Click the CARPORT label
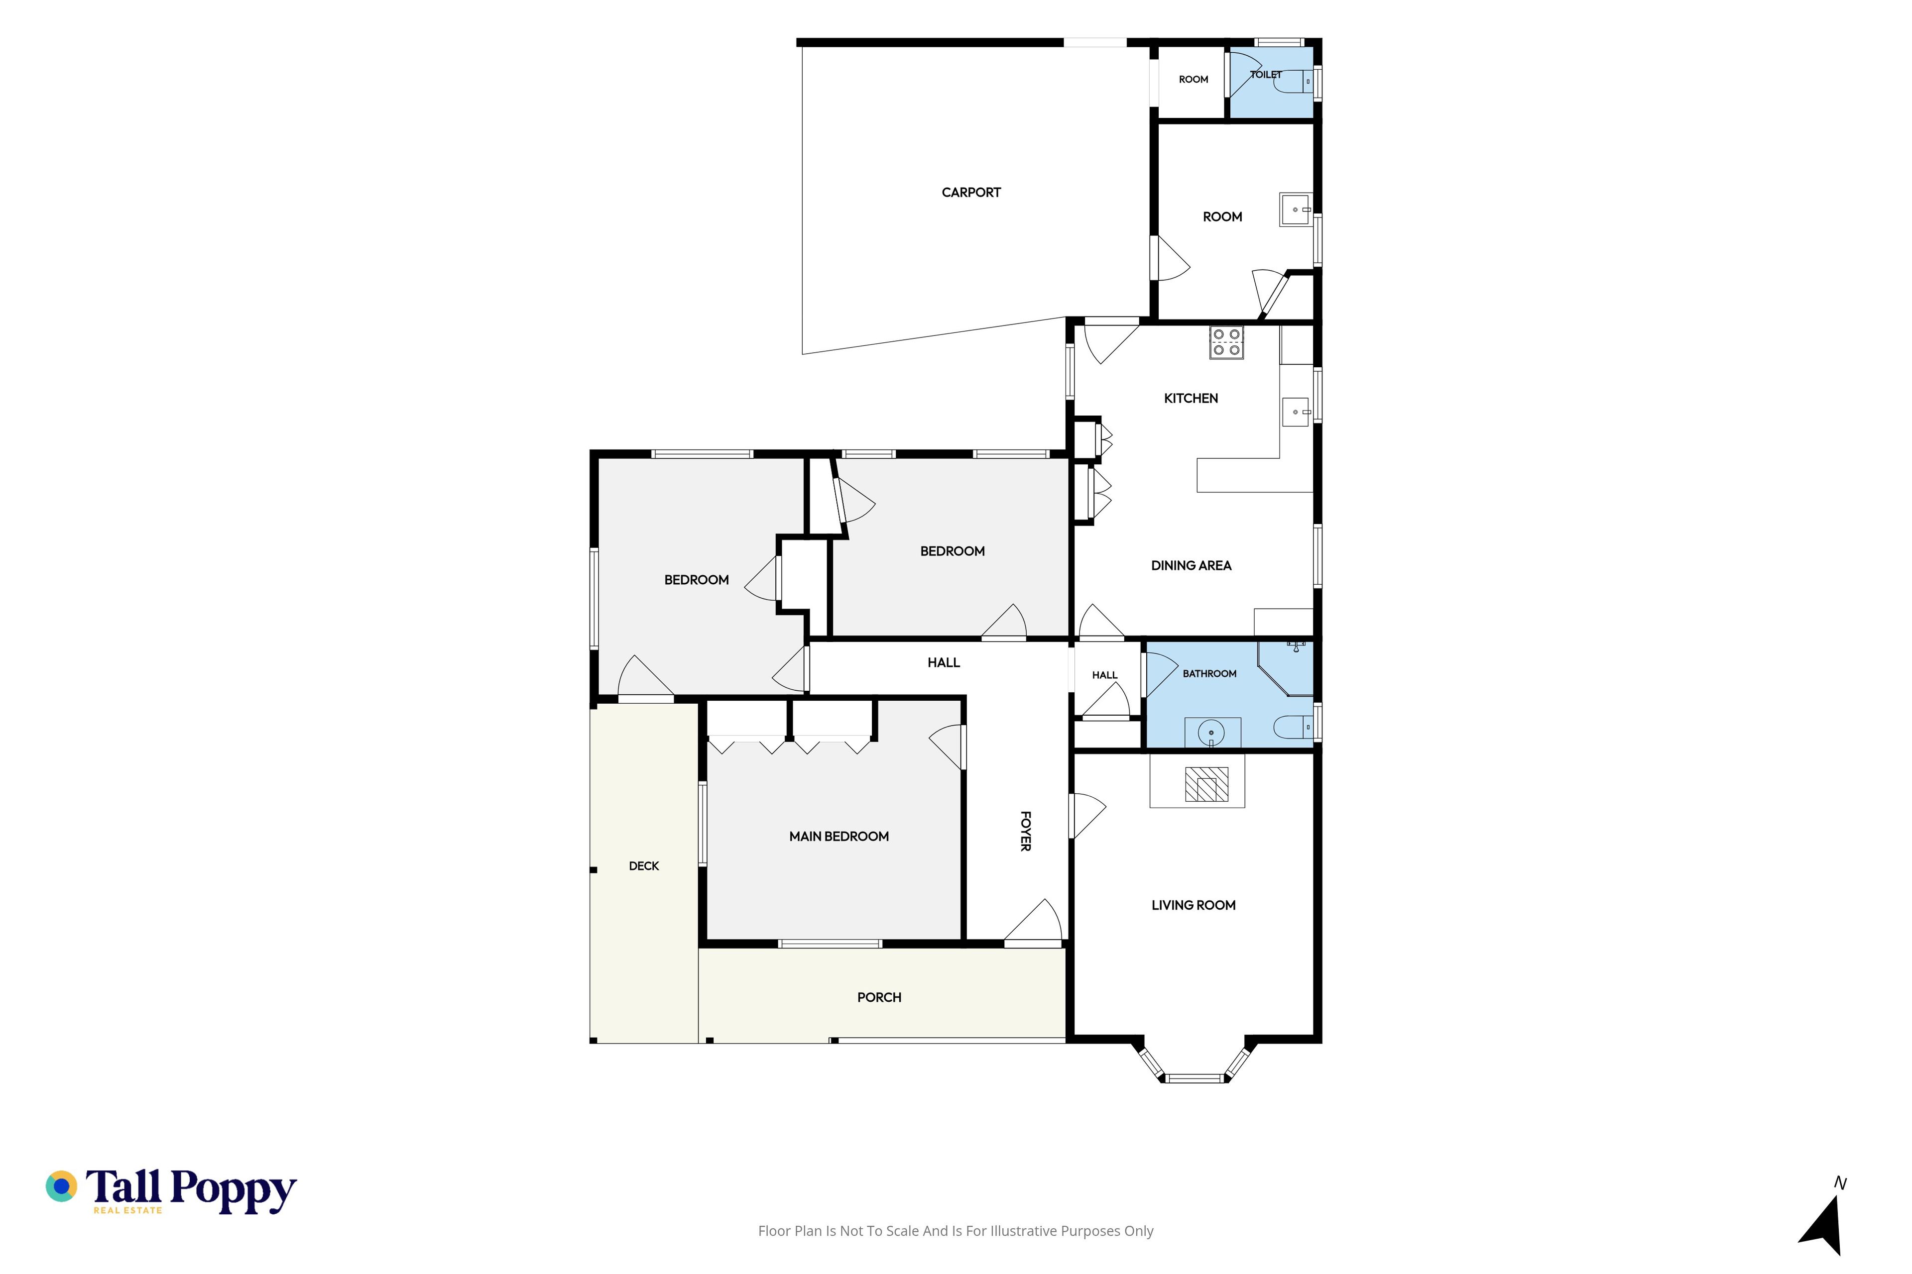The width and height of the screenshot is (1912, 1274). click(970, 193)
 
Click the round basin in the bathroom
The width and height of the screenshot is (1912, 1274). click(1211, 733)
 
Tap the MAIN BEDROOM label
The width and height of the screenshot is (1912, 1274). click(839, 836)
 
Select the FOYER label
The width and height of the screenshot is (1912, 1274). click(1026, 831)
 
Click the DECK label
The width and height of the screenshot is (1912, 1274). click(644, 866)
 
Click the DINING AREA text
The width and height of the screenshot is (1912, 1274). click(1191, 565)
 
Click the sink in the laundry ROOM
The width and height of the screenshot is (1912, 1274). click(1296, 210)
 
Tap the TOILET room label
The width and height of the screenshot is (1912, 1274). click(1266, 75)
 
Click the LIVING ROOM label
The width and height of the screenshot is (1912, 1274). click(1194, 905)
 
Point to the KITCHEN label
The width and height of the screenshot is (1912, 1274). click(1191, 398)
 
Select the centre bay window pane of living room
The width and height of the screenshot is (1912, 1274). click(1194, 1078)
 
